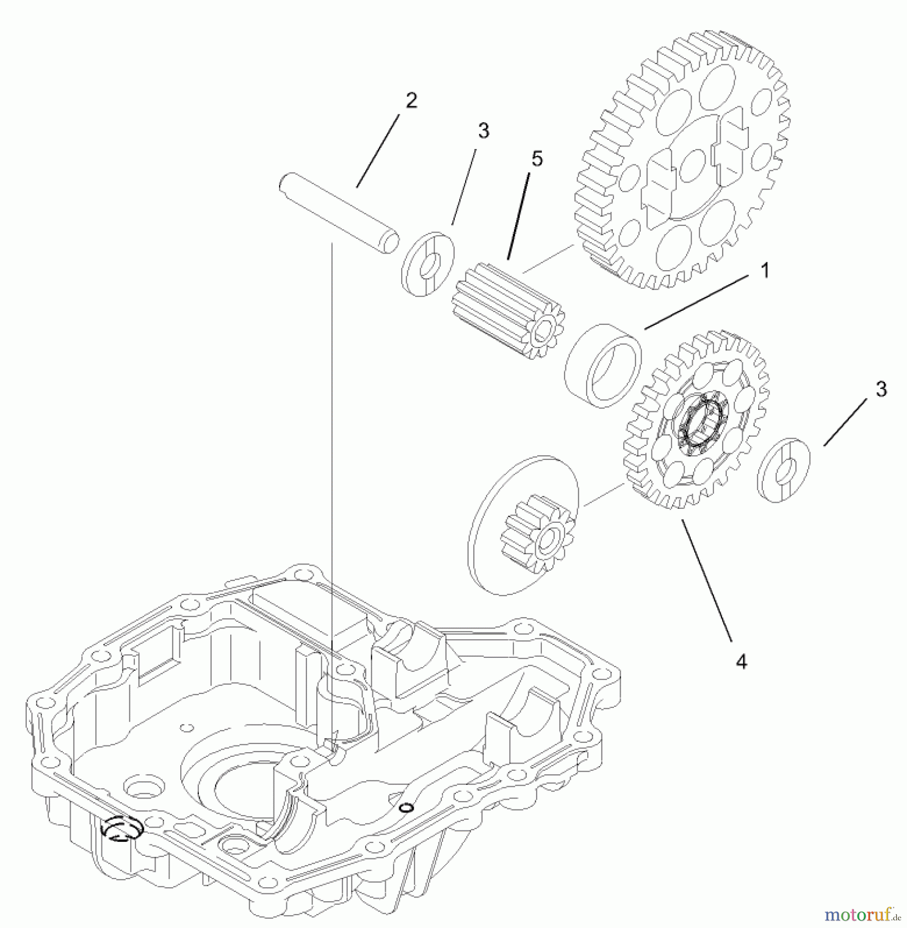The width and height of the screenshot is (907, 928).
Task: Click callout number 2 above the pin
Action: tap(411, 101)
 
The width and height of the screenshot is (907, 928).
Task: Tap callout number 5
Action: tap(537, 159)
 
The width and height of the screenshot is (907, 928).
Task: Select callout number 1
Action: tap(765, 270)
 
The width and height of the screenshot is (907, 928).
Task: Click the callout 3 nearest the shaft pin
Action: tap(483, 131)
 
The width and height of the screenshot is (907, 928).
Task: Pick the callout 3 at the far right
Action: tap(881, 389)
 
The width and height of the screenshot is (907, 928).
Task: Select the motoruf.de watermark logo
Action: tap(863, 914)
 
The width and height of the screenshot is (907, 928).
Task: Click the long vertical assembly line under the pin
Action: tap(332, 464)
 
